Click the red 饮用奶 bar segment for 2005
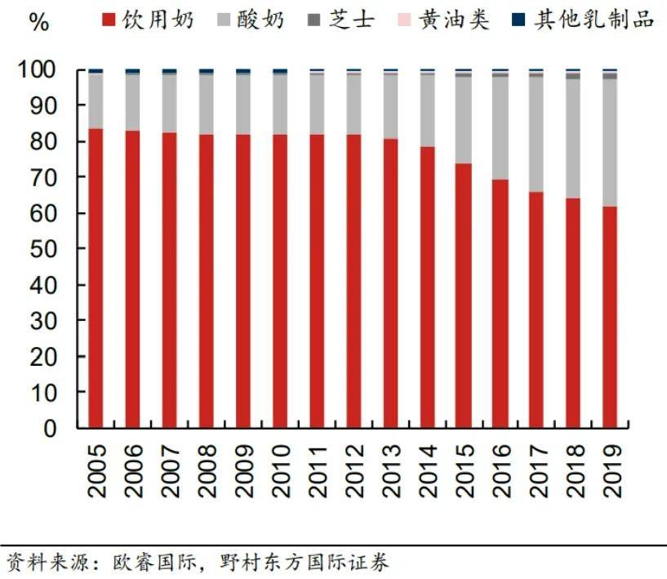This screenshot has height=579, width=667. [96, 278]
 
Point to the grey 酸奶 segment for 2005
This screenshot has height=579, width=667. [96, 101]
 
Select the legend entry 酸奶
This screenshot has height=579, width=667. [250, 20]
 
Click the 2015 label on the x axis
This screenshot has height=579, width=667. [464, 470]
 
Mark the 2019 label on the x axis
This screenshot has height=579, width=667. [611, 470]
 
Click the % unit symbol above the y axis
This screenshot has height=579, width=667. [38, 22]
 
